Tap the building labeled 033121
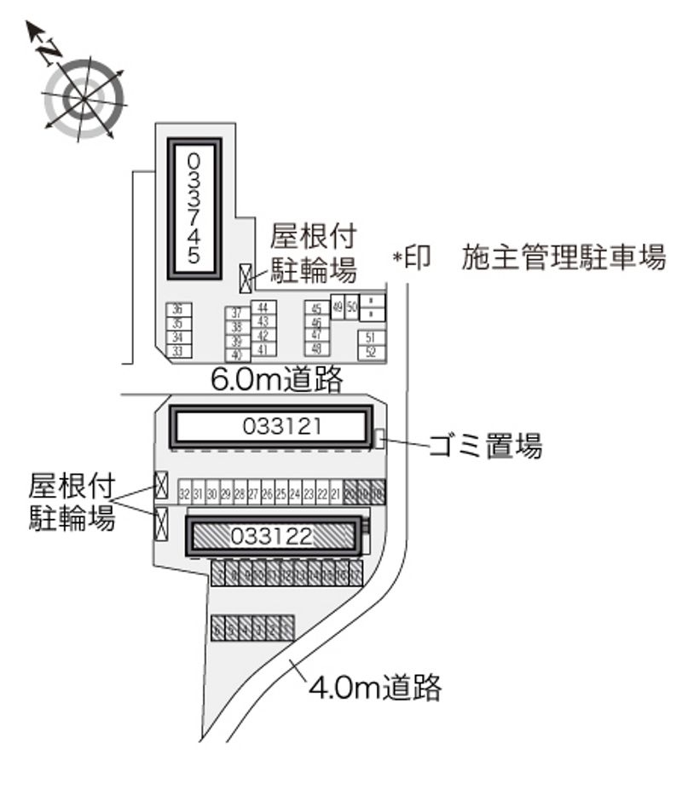[x=272, y=426]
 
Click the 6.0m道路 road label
[x=276, y=379]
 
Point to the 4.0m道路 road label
[x=375, y=686]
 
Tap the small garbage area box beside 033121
[x=379, y=439]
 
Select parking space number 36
[x=177, y=310]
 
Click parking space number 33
[x=177, y=350]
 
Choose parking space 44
[x=263, y=308]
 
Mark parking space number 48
[x=316, y=349]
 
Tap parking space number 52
[x=371, y=351]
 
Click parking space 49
[x=338, y=307]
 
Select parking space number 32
[x=184, y=493]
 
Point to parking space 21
[x=336, y=493]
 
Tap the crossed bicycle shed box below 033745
[x=246, y=275]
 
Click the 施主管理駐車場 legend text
[x=564, y=257]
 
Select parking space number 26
[x=267, y=493]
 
